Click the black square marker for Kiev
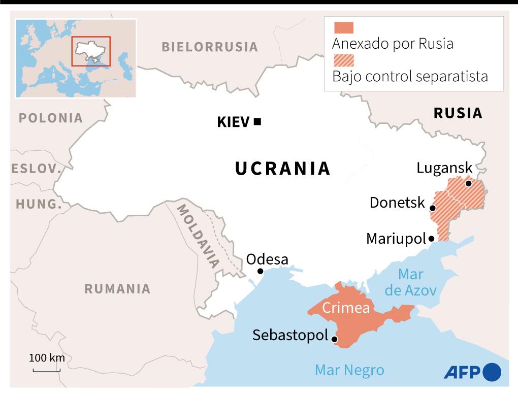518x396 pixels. click(x=257, y=121)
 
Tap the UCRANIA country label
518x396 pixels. click(x=283, y=169)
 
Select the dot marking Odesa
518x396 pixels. click(x=261, y=271)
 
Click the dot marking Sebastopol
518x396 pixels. click(x=334, y=340)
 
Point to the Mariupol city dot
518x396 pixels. click(x=431, y=238)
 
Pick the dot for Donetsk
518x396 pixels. click(x=432, y=208)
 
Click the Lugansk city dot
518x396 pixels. click(x=468, y=183)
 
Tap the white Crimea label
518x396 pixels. click(x=346, y=308)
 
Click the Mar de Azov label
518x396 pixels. click(x=410, y=282)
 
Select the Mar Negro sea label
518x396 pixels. click(x=349, y=370)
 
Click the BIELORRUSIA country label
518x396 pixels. click(x=210, y=47)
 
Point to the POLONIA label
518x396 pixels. click(x=50, y=118)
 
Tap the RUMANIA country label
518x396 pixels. click(x=117, y=289)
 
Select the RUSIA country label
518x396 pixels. click(x=458, y=113)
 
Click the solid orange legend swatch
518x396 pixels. click(x=343, y=28)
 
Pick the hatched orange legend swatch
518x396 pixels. click(x=343, y=60)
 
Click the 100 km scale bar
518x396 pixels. click(x=46, y=370)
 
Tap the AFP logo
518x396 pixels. click(x=472, y=372)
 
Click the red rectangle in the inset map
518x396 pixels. click(x=91, y=51)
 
